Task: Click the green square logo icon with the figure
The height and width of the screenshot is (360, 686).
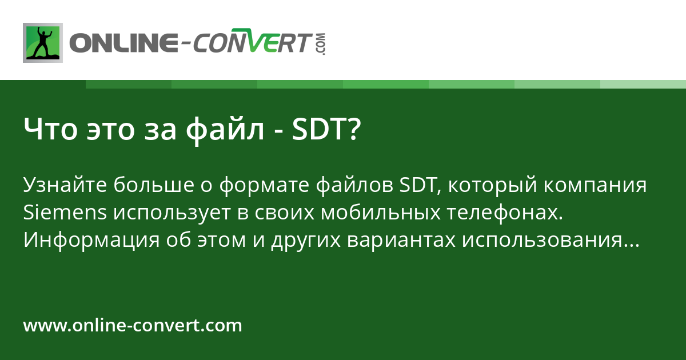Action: click(43, 43)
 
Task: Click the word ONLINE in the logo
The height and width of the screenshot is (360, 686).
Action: click(123, 42)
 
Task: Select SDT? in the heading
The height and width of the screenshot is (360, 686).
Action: click(326, 129)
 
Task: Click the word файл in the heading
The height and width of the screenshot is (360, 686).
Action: click(225, 130)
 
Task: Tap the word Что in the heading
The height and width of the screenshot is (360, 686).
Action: click(50, 129)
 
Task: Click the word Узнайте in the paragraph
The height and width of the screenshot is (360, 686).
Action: click(65, 185)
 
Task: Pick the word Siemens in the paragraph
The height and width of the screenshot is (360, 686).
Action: click(65, 212)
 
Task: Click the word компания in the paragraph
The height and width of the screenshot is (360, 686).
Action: click(595, 185)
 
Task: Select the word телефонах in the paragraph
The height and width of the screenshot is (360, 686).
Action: click(505, 213)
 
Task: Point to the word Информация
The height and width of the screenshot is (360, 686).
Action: click(91, 241)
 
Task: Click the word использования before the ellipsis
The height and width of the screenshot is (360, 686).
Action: click(542, 241)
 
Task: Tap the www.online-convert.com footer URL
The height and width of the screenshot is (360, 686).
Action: click(133, 325)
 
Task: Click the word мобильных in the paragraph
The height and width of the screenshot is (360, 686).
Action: click(381, 212)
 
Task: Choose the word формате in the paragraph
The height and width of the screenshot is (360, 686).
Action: click(264, 186)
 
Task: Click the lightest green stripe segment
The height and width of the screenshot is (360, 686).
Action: click(643, 84)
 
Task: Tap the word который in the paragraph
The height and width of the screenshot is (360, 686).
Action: click(492, 185)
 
